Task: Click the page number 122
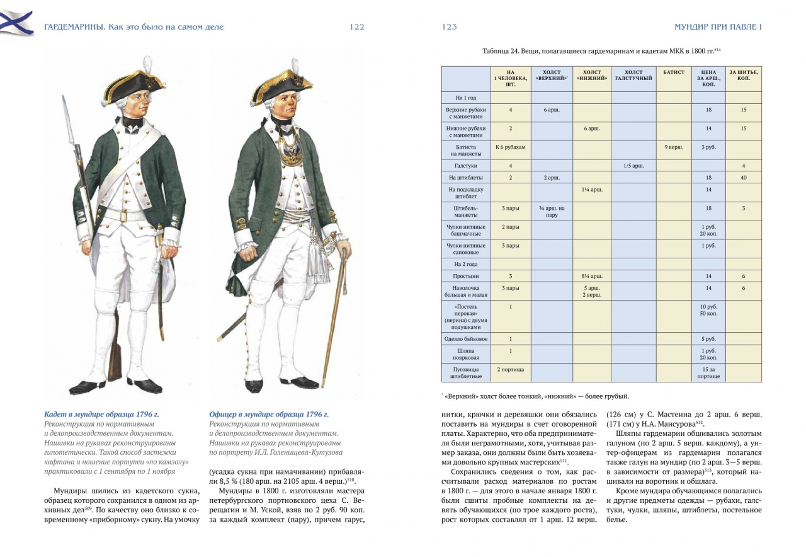tap(357, 27)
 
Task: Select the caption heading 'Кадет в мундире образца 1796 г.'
tap(101, 414)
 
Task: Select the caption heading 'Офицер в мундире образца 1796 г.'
tap(269, 414)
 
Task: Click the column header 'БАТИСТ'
tap(673, 72)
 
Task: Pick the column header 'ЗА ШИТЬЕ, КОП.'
tap(743, 75)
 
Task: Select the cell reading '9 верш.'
tap(673, 147)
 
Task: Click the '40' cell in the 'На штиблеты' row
tap(743, 178)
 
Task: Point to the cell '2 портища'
tap(511, 369)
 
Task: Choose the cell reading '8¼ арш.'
tap(592, 276)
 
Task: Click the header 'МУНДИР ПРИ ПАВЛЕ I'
tap(718, 27)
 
